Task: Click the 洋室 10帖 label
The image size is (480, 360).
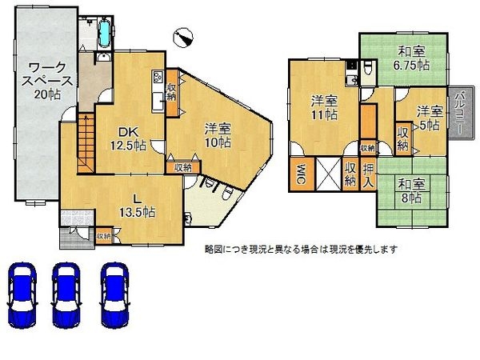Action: pyautogui.click(x=216, y=134)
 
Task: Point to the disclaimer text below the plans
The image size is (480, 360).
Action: pyautogui.click(x=300, y=249)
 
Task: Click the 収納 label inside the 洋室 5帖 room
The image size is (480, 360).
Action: pyautogui.click(x=402, y=138)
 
